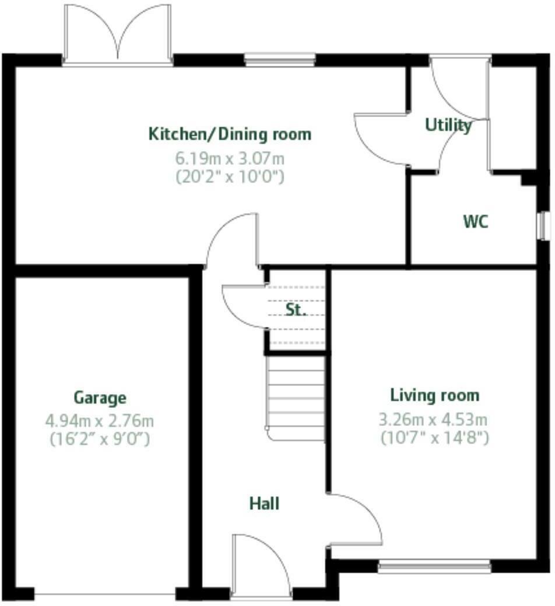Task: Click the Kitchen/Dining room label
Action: pos(230,134)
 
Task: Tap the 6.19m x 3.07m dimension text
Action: pos(230,158)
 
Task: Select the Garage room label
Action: pos(100,398)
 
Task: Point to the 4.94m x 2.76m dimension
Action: pos(100,420)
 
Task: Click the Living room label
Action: pos(434,395)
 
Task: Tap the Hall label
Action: pos(264,503)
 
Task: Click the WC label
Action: pos(476,222)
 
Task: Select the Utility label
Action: pos(448,125)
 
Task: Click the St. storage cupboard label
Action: pos(296,310)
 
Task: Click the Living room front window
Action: pos(434,566)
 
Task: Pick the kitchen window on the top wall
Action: pos(280,59)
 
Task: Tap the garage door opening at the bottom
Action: pos(105,594)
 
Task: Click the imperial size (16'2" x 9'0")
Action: pos(100,439)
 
